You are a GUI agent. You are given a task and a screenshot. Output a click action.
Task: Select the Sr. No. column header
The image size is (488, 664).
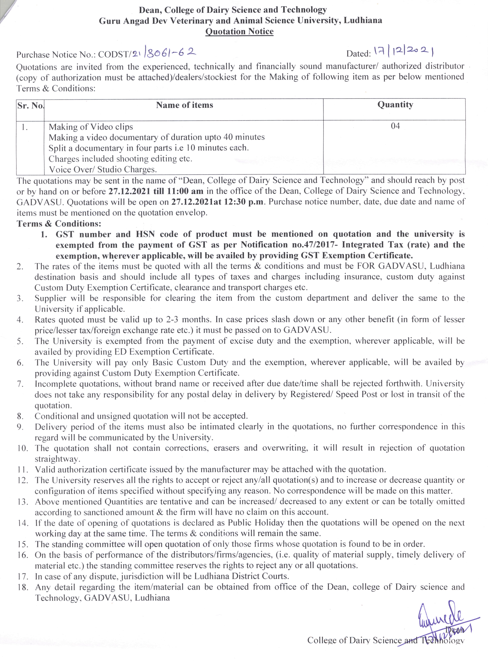30,106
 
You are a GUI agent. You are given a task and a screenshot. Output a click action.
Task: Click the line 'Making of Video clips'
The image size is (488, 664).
91,127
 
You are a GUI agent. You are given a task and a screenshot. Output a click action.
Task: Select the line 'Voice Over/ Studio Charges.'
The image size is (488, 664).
102,170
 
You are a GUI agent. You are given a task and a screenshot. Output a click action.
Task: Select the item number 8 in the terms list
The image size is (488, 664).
20,416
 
